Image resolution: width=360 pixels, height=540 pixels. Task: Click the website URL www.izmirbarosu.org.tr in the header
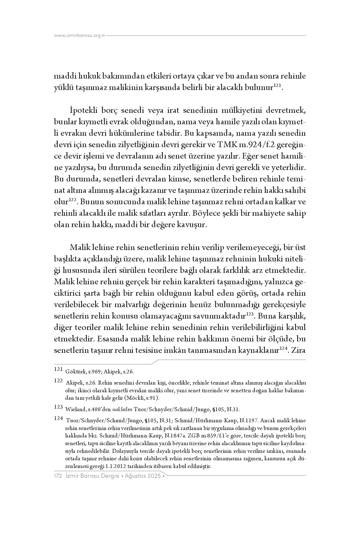pos(80,36)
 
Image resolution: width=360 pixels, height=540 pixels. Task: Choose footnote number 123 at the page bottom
pos(58,407)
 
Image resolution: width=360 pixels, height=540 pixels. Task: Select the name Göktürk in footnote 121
pos(75,372)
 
